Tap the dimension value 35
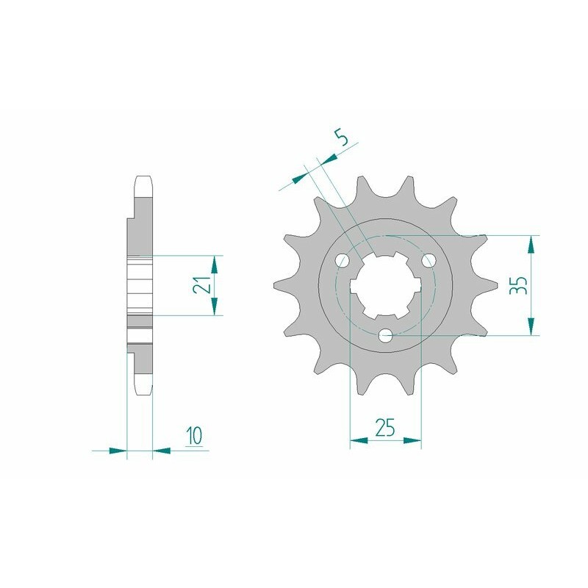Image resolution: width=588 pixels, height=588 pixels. pyautogui.click(x=518, y=286)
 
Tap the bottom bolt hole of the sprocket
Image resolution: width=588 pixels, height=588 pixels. pyautogui.click(x=386, y=336)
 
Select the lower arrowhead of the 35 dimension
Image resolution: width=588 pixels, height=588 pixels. pyautogui.click(x=532, y=327)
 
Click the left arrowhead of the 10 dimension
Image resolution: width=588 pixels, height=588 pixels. pyautogui.click(x=118, y=450)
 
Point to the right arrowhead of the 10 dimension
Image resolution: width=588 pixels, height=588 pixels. pyautogui.click(x=162, y=450)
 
